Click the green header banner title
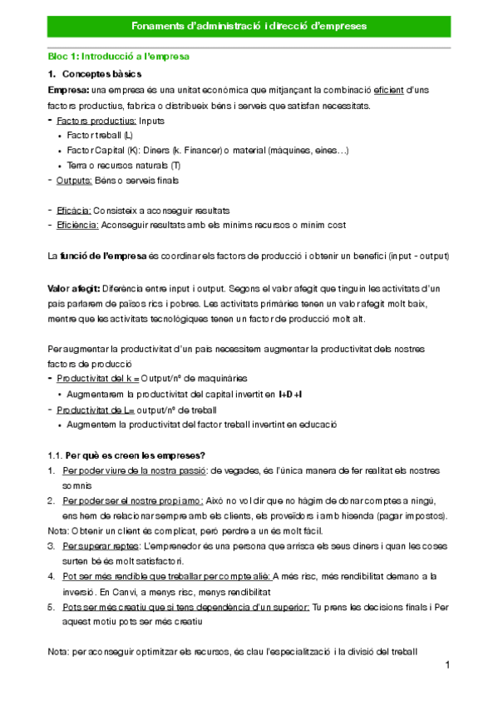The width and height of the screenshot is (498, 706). (249, 27)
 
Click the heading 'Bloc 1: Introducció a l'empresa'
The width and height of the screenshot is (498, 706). (119, 57)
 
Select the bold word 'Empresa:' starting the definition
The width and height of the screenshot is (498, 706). (69, 90)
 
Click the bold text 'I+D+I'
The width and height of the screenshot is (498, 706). (290, 394)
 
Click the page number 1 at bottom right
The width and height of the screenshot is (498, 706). (446, 665)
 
